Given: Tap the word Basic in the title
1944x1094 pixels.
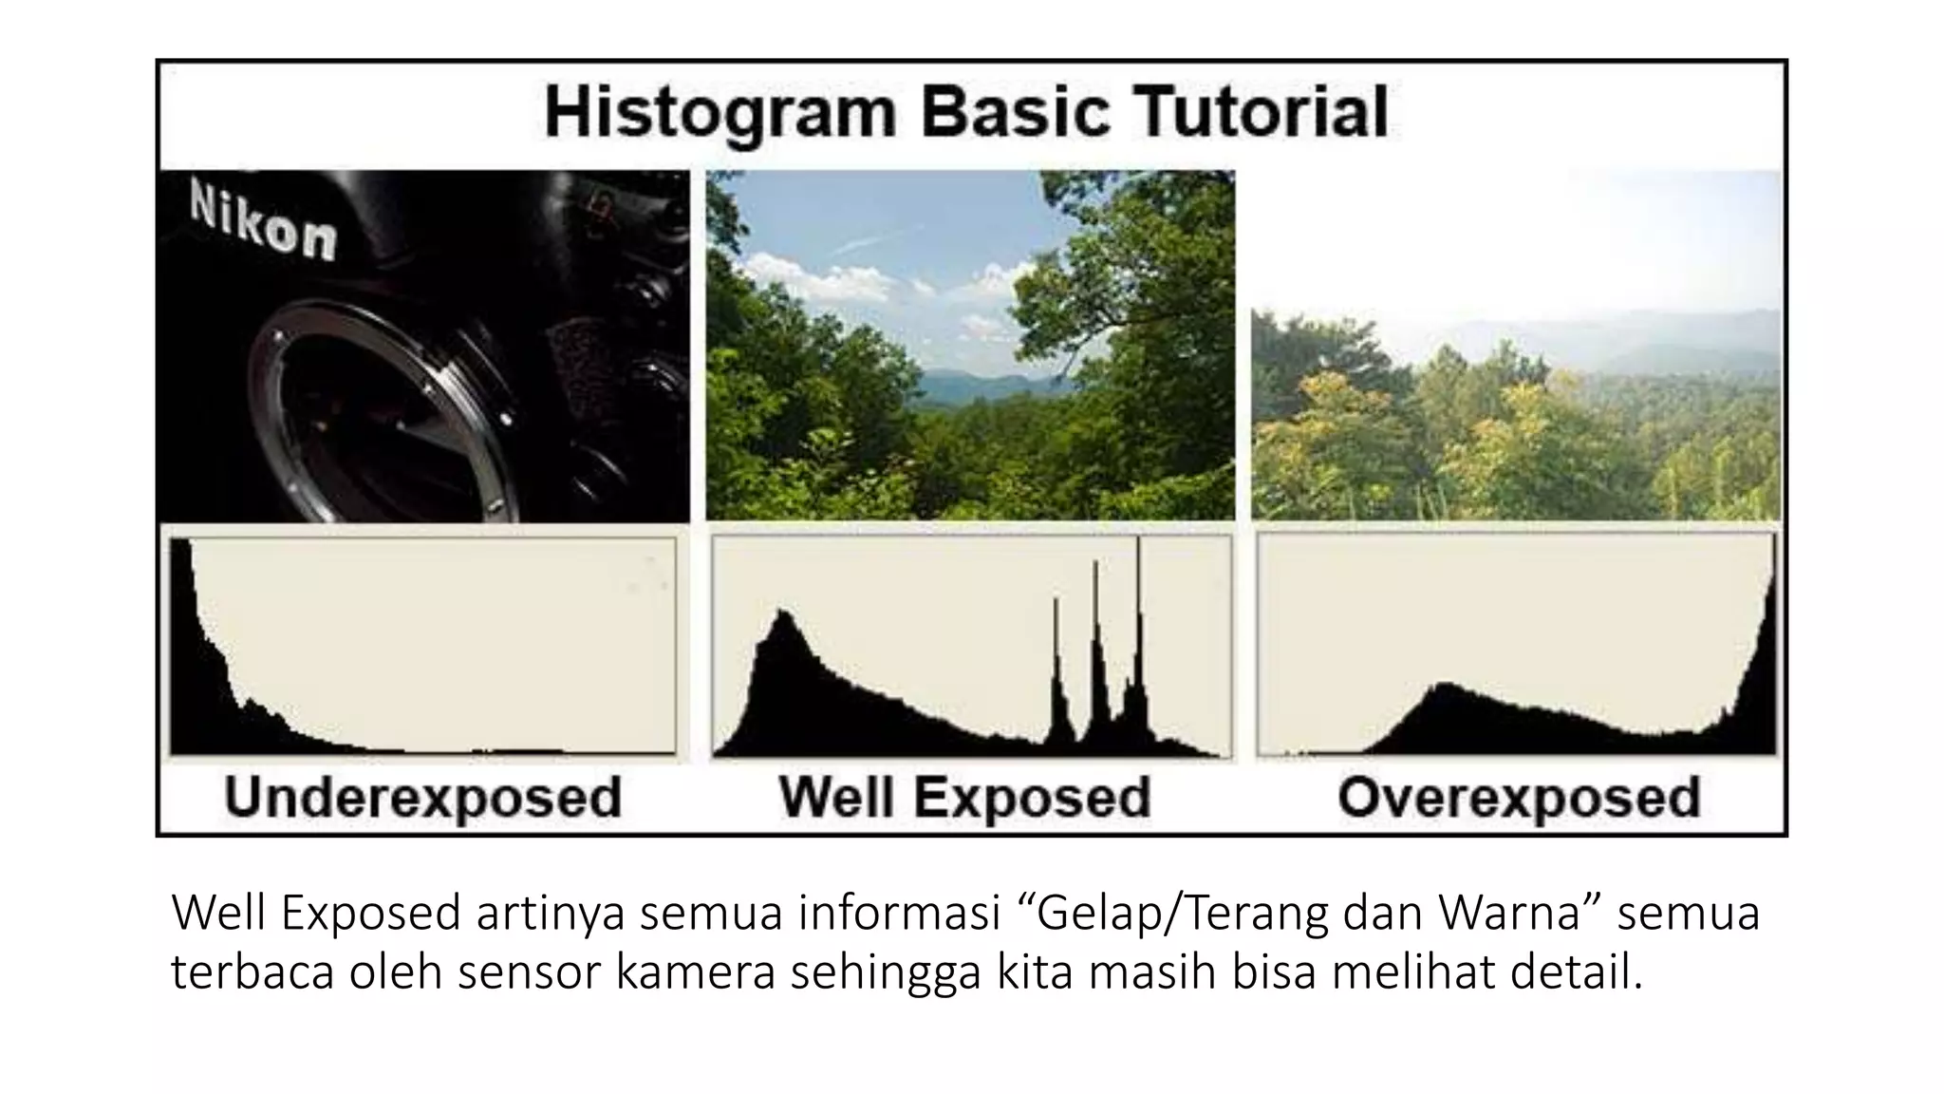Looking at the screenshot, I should (1015, 112).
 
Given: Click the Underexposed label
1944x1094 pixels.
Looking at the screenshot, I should (422, 797).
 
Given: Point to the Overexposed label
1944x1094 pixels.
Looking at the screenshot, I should (1519, 797).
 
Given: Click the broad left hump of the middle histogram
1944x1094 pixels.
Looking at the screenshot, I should (783, 665).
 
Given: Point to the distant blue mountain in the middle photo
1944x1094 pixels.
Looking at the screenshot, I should (968, 385).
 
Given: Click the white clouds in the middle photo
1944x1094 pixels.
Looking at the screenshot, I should (826, 280).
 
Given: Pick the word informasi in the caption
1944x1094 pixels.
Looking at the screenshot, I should (900, 914).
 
